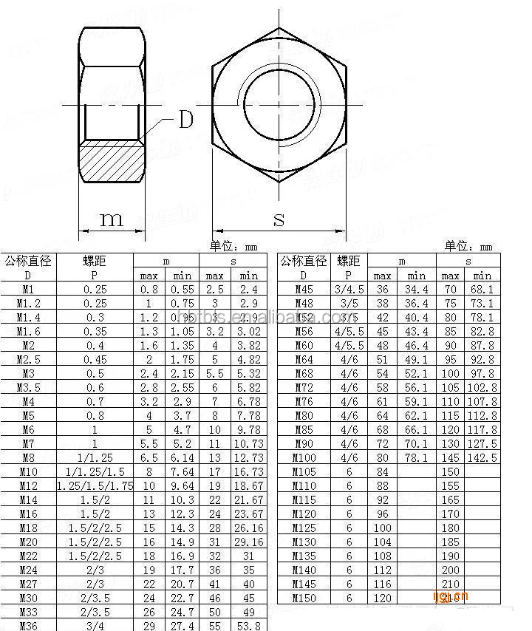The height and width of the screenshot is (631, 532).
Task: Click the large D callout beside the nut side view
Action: [x=186, y=120]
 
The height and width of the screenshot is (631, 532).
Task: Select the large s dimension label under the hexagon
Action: [x=279, y=219]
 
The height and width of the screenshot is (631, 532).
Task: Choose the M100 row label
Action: [x=304, y=458]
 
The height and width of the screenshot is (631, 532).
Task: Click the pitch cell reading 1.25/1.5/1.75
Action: [x=95, y=486]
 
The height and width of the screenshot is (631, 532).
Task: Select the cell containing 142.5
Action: [x=483, y=458]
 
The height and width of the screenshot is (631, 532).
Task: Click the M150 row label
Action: [x=304, y=598]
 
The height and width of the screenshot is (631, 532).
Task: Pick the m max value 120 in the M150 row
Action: [x=382, y=598]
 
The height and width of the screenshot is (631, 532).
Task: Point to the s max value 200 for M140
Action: [x=450, y=570]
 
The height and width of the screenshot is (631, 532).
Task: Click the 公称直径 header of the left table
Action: [x=28, y=261]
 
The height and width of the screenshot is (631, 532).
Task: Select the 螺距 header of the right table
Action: [x=349, y=261]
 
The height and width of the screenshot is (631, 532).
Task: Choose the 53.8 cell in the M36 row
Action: [x=248, y=626]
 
